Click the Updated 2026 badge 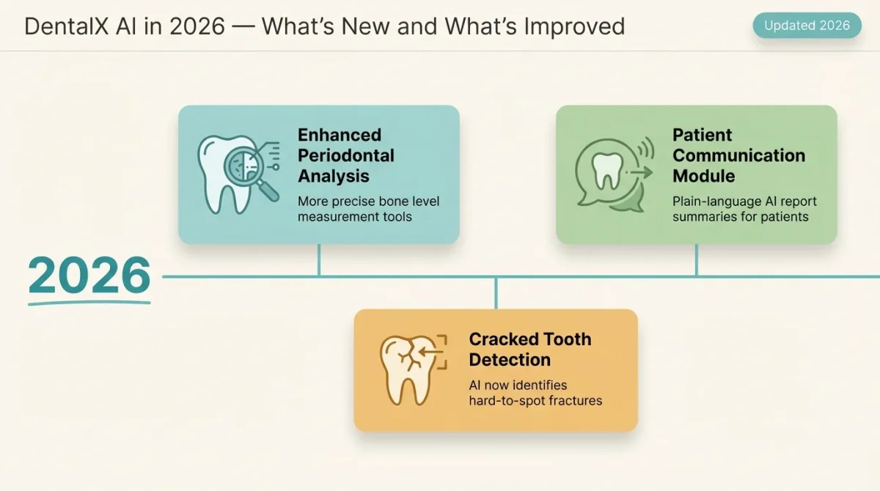point(807,26)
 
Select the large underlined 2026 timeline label point(89,277)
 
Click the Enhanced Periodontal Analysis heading point(345,155)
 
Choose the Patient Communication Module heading point(738,155)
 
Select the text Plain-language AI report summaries point(744,209)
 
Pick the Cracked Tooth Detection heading point(529,350)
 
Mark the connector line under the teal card point(319,260)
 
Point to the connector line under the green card point(696,260)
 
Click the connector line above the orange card point(496,293)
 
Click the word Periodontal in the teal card point(345,155)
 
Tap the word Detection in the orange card point(509,360)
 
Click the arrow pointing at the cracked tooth point(433,352)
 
